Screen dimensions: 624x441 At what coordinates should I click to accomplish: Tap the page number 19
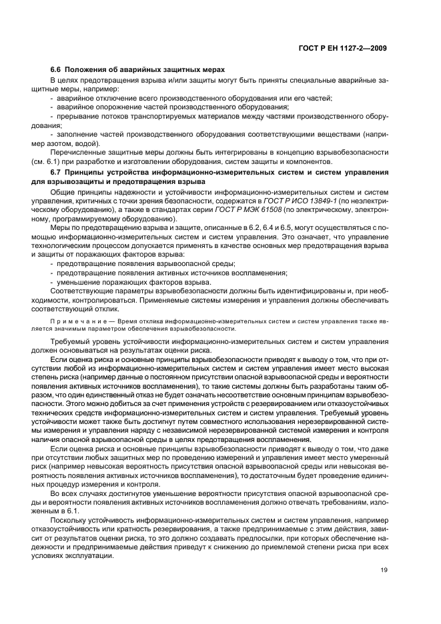(x=382, y=570)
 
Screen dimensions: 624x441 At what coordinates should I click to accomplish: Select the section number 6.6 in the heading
(x=56, y=69)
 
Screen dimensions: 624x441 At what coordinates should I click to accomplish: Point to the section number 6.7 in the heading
(x=56, y=173)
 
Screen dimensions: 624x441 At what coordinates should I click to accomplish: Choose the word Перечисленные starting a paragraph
(x=77, y=153)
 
